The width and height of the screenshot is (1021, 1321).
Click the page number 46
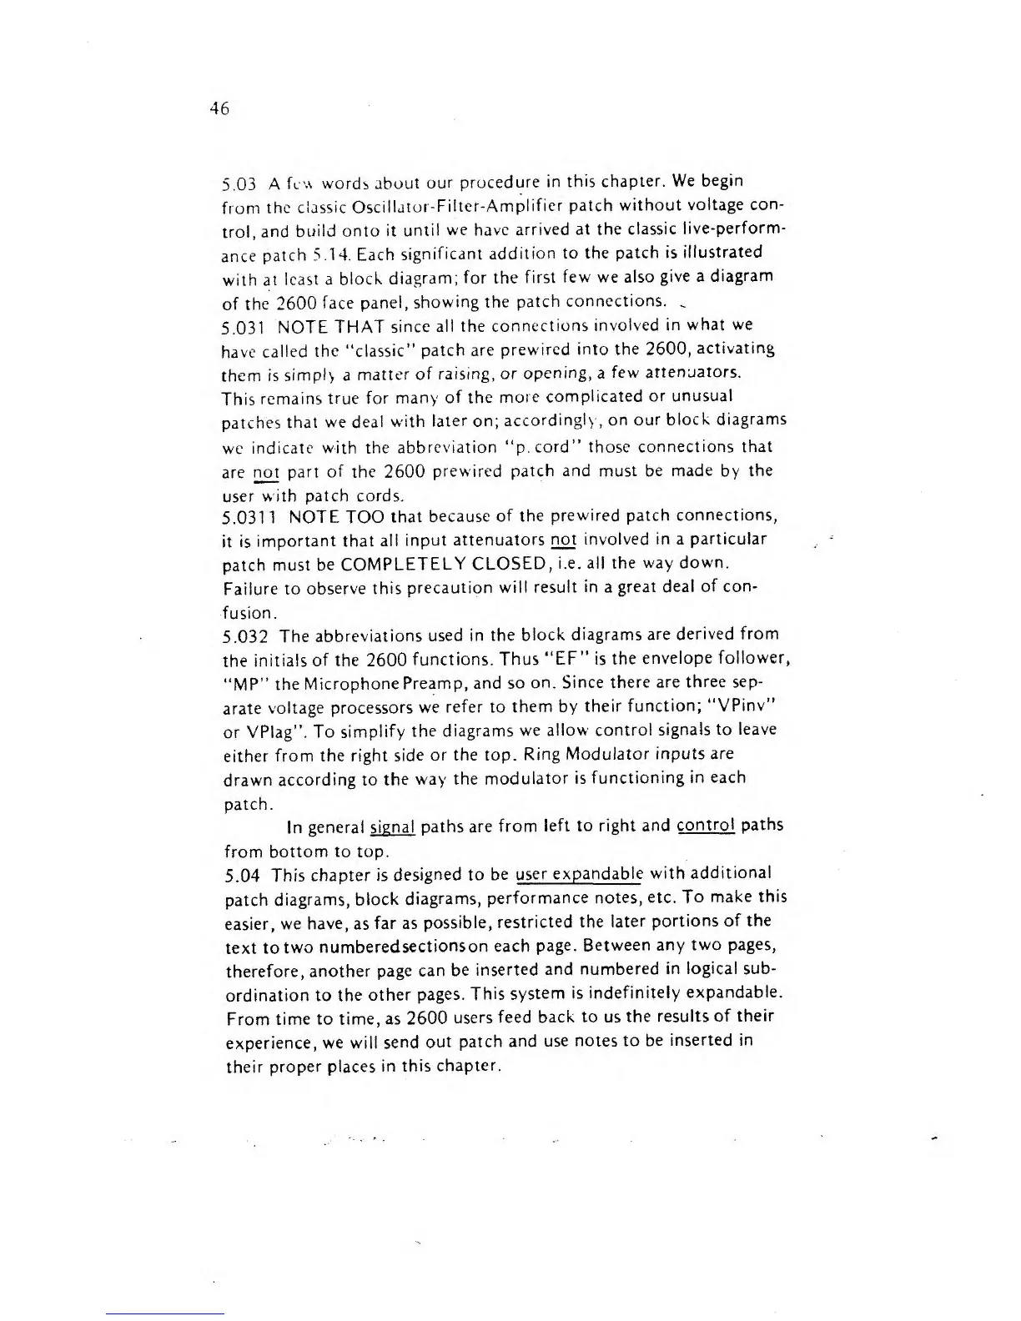[219, 108]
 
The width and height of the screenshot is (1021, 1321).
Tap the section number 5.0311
[249, 516]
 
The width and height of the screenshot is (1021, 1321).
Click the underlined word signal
[393, 827]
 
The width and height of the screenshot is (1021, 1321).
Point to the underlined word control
[705, 826]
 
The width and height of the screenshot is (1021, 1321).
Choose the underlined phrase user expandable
[580, 875]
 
